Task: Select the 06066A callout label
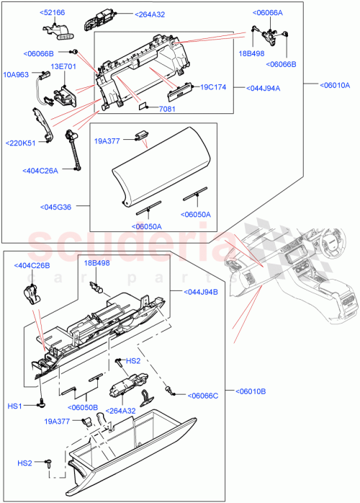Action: point(268,12)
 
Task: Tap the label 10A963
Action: point(15,74)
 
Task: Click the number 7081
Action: point(167,110)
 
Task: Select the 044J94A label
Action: point(264,88)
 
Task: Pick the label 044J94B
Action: point(190,292)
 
